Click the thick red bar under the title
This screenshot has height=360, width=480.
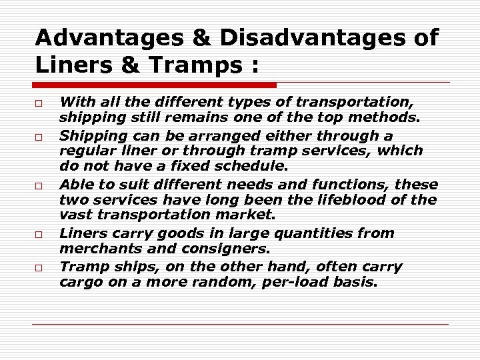[155, 85]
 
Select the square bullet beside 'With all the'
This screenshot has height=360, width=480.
[40, 103]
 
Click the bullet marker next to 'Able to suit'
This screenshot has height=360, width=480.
[40, 185]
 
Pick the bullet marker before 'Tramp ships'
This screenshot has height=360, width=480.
[40, 268]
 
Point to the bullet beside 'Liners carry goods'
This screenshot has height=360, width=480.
[40, 235]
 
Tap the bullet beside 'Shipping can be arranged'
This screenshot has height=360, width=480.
[40, 136]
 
